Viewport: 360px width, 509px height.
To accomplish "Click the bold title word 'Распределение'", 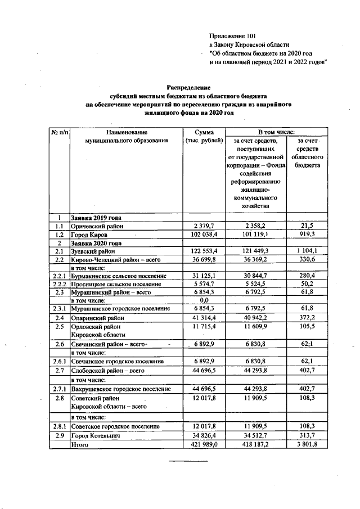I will click(188, 87).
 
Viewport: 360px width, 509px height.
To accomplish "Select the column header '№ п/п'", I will click(58, 132).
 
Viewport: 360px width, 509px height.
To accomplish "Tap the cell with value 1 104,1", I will click(307, 252).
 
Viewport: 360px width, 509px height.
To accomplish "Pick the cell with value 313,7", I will click(307, 435).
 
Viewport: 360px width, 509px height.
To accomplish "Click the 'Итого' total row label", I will click(80, 444).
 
